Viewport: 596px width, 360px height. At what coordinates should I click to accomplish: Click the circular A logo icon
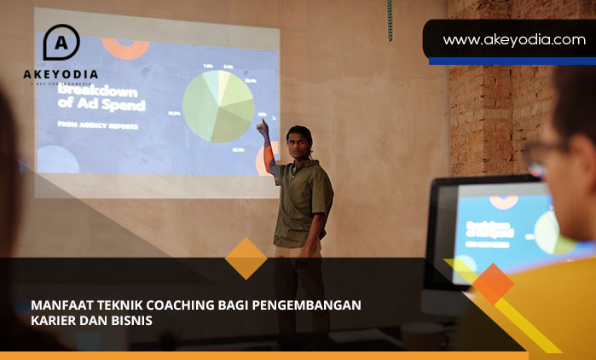(x=61, y=43)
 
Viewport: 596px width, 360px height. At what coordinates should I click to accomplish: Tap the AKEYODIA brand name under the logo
(x=61, y=74)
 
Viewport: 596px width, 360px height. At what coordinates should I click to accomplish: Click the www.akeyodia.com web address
(x=513, y=39)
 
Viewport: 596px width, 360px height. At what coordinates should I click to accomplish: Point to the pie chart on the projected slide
(x=218, y=106)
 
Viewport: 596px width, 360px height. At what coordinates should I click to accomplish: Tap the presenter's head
(x=299, y=137)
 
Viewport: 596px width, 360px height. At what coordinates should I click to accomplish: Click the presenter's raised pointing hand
(x=263, y=129)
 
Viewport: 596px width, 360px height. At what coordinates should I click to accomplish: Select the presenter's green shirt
(x=302, y=201)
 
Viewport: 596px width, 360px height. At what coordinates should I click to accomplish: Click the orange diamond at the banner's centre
(x=246, y=258)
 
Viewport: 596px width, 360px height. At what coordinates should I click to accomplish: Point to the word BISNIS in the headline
(x=130, y=321)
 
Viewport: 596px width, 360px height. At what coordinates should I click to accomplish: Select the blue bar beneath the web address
(x=512, y=61)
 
